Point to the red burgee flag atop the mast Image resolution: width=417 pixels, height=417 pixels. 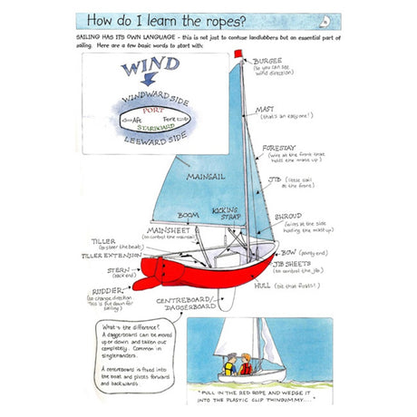point(238,53)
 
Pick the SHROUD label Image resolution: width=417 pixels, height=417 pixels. point(288,216)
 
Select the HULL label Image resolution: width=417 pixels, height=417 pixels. point(263,284)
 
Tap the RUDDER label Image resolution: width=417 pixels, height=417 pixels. point(102,291)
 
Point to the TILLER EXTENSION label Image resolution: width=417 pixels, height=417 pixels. point(115,255)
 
